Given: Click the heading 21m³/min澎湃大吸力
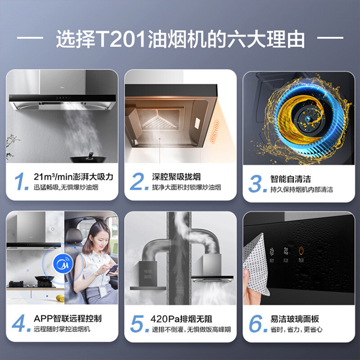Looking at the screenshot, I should (x=73, y=176).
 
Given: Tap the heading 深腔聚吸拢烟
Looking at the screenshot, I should (x=176, y=176).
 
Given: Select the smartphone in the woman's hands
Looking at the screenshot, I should (x=112, y=269).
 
